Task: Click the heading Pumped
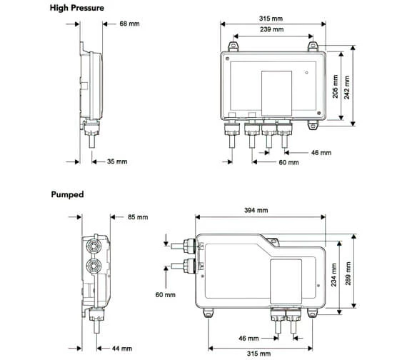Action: (67, 194)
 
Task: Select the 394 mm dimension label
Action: (256, 210)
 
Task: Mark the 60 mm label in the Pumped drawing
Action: (166, 294)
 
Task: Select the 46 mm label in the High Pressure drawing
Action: (321, 152)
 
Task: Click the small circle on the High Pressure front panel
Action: (307, 73)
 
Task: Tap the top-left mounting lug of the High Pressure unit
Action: (232, 46)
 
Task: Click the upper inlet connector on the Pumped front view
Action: (189, 246)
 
